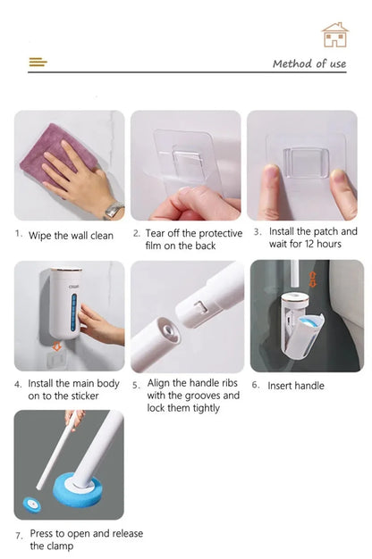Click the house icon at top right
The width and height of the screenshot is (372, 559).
coord(334,35)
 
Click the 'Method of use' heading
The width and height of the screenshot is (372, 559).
coord(309,63)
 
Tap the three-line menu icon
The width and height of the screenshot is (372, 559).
coord(38,63)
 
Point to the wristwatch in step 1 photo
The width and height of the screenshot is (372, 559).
coord(113,210)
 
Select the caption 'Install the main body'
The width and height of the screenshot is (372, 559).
coord(66,389)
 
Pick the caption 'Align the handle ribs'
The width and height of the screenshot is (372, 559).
coord(193,396)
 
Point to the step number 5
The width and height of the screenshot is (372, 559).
coord(136,386)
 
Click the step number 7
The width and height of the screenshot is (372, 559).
coord(19,535)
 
